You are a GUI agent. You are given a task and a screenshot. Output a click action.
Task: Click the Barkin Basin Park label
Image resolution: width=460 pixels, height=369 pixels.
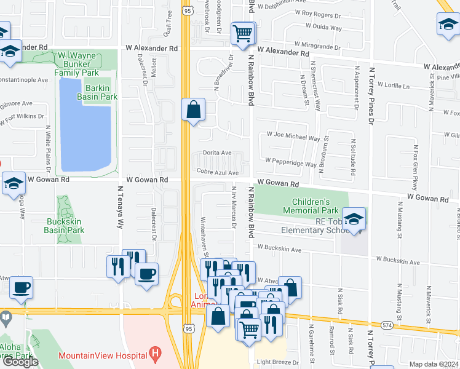[x=97, y=92]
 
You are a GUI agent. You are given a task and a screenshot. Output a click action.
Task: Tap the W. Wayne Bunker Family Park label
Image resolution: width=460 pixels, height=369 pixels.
[x=85, y=64]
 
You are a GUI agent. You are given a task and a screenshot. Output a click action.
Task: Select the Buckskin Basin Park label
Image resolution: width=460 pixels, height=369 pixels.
[x=64, y=225]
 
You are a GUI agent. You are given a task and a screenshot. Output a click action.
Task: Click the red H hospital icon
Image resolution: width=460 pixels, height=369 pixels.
[x=155, y=355]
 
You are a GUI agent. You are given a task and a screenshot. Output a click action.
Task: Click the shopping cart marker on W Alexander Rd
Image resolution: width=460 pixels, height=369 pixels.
[x=243, y=33]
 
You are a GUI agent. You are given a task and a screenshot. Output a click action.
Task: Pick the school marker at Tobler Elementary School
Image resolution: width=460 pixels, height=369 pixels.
[x=354, y=219]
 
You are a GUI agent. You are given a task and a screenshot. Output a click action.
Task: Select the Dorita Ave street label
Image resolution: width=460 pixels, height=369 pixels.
[x=218, y=153]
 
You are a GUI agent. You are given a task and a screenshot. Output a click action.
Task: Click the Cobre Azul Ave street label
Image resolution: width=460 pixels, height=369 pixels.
[x=217, y=173]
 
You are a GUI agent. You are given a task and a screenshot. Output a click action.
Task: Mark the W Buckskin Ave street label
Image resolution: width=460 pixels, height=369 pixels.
[x=279, y=249]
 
